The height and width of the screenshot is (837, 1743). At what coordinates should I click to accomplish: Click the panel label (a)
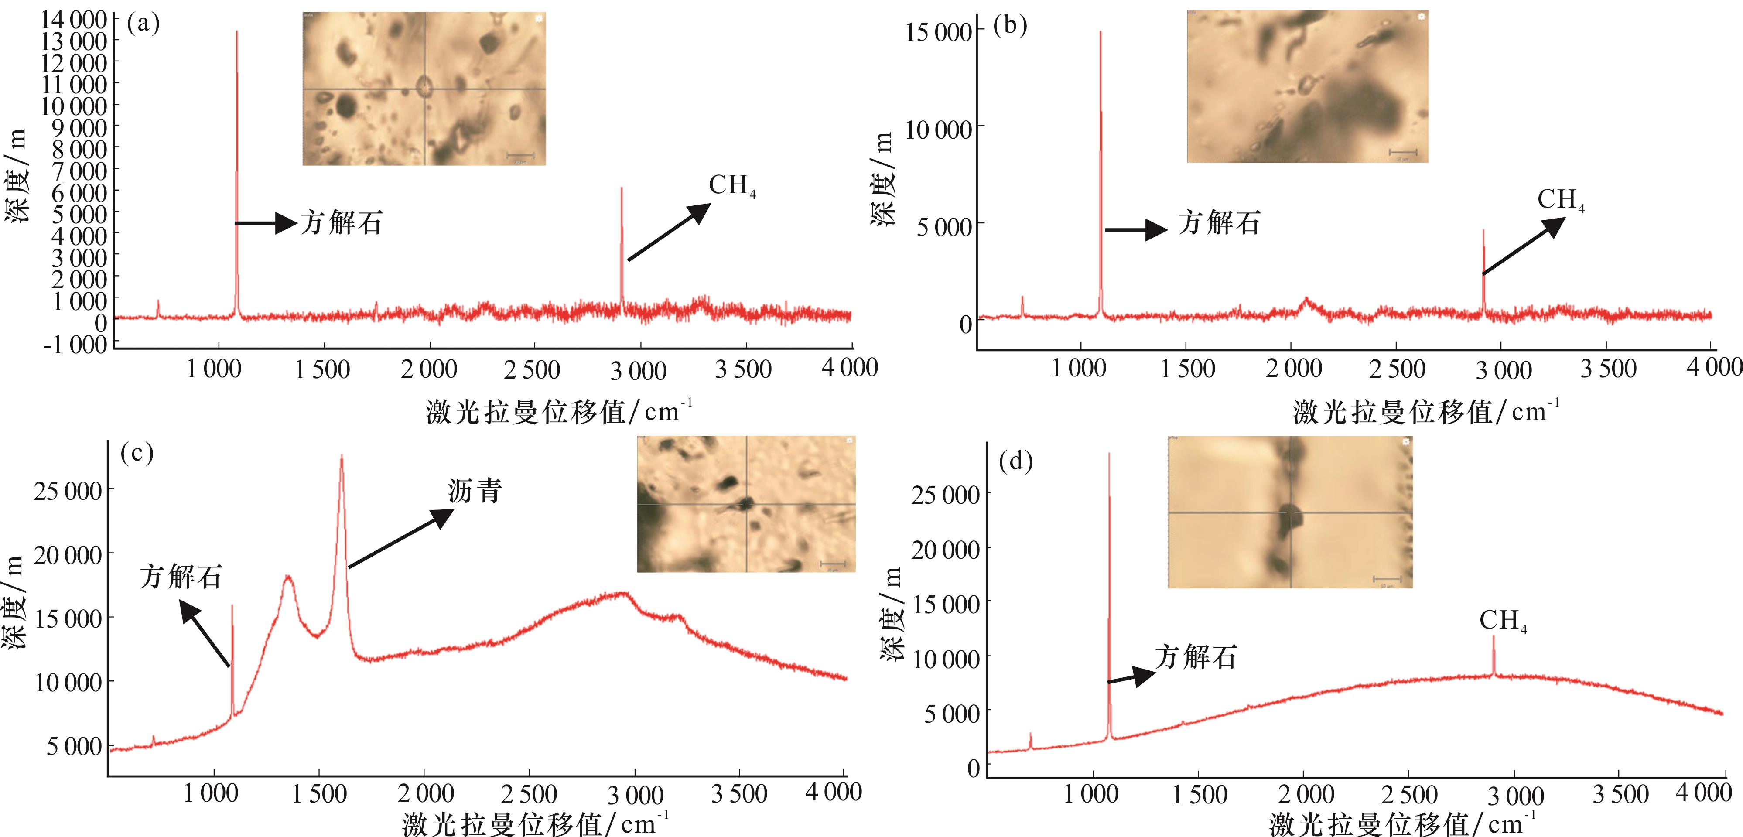(x=144, y=24)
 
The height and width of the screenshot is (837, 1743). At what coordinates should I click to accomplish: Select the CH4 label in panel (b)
(x=1560, y=200)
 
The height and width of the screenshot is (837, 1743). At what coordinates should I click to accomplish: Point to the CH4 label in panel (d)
(x=1503, y=621)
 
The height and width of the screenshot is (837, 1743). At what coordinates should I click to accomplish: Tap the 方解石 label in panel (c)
(x=181, y=577)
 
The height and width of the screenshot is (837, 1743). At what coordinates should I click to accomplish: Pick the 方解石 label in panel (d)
(x=1196, y=657)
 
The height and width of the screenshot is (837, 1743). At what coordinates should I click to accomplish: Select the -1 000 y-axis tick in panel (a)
(x=75, y=345)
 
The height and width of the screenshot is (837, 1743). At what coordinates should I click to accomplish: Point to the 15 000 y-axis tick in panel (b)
(x=939, y=32)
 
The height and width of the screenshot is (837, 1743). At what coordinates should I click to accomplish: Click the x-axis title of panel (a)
(x=559, y=411)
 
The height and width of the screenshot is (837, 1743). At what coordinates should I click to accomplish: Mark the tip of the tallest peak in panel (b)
(x=1100, y=32)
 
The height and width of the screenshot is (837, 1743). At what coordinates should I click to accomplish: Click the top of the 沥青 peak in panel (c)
(x=342, y=455)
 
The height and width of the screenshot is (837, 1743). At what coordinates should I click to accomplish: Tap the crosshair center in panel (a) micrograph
(x=425, y=89)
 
